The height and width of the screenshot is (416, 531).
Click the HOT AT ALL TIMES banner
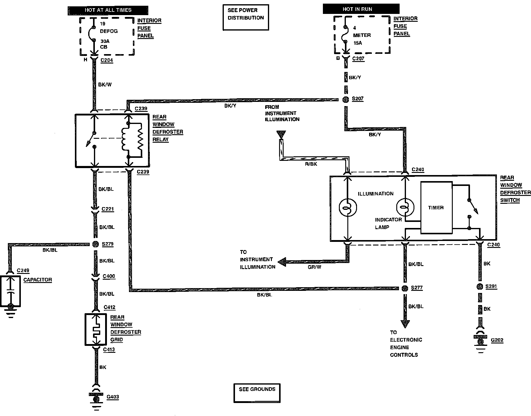[108, 10]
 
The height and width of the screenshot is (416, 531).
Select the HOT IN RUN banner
[361, 9]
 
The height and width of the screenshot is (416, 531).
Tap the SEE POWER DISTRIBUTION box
[246, 17]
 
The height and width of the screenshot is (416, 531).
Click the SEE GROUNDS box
[257, 393]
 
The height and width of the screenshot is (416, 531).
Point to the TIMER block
[436, 208]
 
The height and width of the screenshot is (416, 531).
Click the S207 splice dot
[346, 99]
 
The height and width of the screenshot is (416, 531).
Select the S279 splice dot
[95, 244]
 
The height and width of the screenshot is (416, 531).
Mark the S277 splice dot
[405, 288]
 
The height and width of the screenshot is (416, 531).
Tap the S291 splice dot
[479, 287]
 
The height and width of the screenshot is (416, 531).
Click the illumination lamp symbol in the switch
[348, 207]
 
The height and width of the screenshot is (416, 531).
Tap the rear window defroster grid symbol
[96, 330]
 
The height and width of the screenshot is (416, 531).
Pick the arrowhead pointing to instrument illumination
[282, 262]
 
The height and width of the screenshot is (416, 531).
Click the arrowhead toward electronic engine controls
[405, 324]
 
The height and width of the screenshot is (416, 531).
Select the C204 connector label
[107, 60]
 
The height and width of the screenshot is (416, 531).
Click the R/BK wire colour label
[311, 164]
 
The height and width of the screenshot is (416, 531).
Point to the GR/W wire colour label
[314, 267]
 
